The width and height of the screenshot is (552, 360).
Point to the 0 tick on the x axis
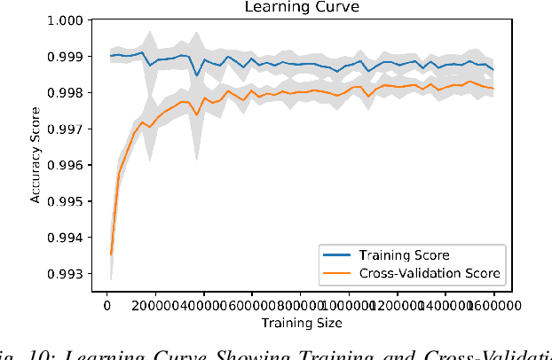tap(106, 304)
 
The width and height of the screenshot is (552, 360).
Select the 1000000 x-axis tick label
tap(349, 304)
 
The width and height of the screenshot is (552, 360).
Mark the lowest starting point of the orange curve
tap(111, 254)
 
